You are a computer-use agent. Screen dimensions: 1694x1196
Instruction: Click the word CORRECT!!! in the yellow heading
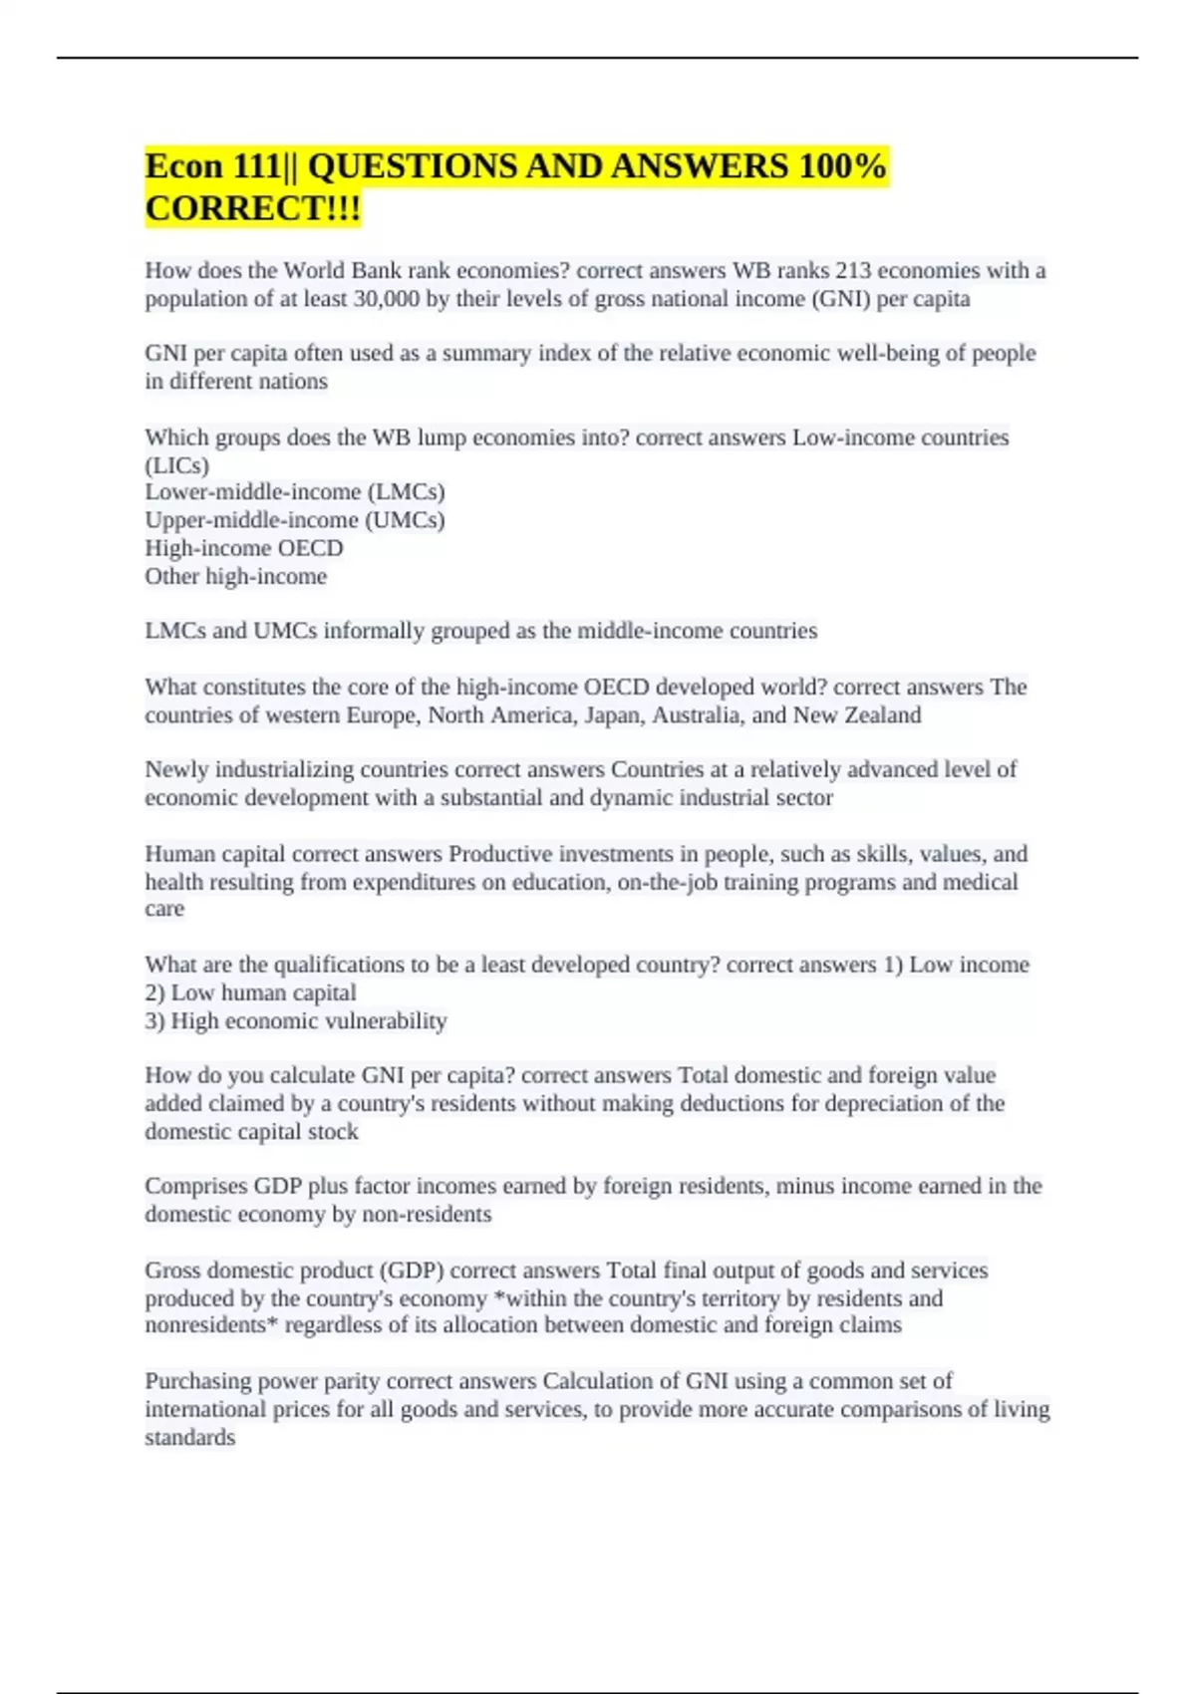pyautogui.click(x=253, y=209)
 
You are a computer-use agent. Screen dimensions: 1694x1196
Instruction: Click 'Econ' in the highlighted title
pyautogui.click(x=183, y=166)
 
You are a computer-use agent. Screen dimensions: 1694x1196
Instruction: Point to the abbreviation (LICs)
pyautogui.click(x=177, y=465)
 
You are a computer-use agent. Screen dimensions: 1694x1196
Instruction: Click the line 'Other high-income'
pyautogui.click(x=236, y=576)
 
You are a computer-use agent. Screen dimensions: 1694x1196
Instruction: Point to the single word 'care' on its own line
pyautogui.click(x=164, y=909)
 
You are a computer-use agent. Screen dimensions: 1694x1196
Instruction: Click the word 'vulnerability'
pyautogui.click(x=389, y=1020)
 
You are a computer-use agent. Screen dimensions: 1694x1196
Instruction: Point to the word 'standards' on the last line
pyautogui.click(x=190, y=1437)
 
